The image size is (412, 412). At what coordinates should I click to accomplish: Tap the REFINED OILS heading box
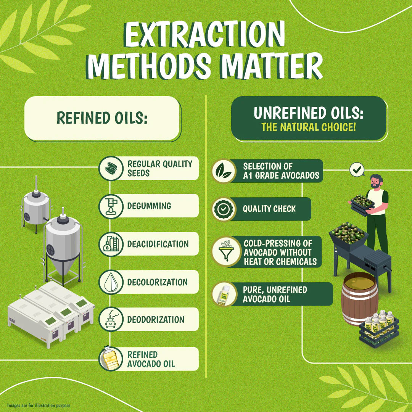pyautogui.click(x=102, y=118)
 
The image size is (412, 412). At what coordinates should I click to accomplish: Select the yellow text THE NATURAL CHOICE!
pyautogui.click(x=309, y=127)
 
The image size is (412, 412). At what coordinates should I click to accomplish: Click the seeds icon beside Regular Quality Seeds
pyautogui.click(x=111, y=168)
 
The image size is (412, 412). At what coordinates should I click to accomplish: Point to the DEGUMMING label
pyautogui.click(x=149, y=206)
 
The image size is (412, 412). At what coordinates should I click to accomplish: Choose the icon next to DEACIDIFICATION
pyautogui.click(x=111, y=244)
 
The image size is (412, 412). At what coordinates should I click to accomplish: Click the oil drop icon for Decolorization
pyautogui.click(x=111, y=282)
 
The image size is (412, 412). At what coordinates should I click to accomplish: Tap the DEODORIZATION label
pyautogui.click(x=156, y=320)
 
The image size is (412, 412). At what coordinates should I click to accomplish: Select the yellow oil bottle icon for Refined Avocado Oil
pyautogui.click(x=110, y=358)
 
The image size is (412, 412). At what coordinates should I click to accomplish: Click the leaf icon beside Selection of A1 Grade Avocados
pyautogui.click(x=224, y=171)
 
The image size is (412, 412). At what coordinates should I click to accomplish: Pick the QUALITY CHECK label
pyautogui.click(x=269, y=209)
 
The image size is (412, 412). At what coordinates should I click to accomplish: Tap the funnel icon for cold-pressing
pyautogui.click(x=226, y=251)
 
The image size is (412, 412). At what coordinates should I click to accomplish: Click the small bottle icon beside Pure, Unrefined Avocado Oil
pyautogui.click(x=224, y=294)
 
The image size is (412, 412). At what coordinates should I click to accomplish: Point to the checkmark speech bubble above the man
pyautogui.click(x=357, y=170)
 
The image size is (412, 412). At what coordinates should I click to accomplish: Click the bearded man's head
pyautogui.click(x=376, y=181)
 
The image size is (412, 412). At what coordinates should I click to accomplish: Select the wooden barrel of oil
pyautogui.click(x=360, y=299)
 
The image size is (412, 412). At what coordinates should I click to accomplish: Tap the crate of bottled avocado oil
pyautogui.click(x=379, y=328)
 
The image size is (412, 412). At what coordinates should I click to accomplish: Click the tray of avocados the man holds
pyautogui.click(x=362, y=204)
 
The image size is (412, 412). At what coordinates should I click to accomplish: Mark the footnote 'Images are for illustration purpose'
pyautogui.click(x=39, y=406)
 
